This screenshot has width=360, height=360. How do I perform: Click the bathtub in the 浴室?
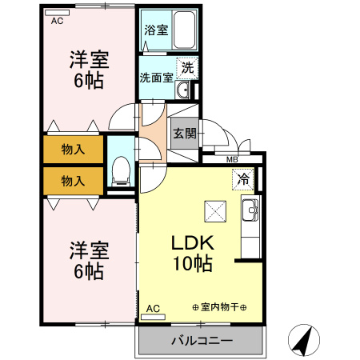(184, 30)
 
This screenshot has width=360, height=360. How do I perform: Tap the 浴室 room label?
(156, 30)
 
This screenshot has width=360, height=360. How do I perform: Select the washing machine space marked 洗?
(187, 68)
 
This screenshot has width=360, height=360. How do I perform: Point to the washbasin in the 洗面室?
(182, 90)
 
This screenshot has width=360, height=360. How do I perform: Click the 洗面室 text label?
(157, 78)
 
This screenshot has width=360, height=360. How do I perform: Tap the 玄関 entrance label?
(185, 134)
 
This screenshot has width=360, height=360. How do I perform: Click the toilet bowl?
(121, 171)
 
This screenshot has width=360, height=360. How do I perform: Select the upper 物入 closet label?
(73, 149)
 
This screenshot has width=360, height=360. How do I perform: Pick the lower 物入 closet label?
(73, 181)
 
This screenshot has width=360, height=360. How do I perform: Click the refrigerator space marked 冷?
(243, 179)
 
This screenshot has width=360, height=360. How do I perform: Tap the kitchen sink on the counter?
(250, 210)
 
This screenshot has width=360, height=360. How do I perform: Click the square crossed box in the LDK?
(215, 211)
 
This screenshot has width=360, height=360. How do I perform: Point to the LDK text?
(192, 242)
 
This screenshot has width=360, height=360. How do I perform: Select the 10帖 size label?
(193, 264)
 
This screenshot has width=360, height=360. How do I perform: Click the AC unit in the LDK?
(153, 317)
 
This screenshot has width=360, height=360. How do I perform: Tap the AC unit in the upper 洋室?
(57, 13)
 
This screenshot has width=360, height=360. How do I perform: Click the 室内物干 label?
(219, 307)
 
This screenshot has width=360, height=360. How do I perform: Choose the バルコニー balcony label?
(202, 341)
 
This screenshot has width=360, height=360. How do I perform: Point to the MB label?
(232, 160)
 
